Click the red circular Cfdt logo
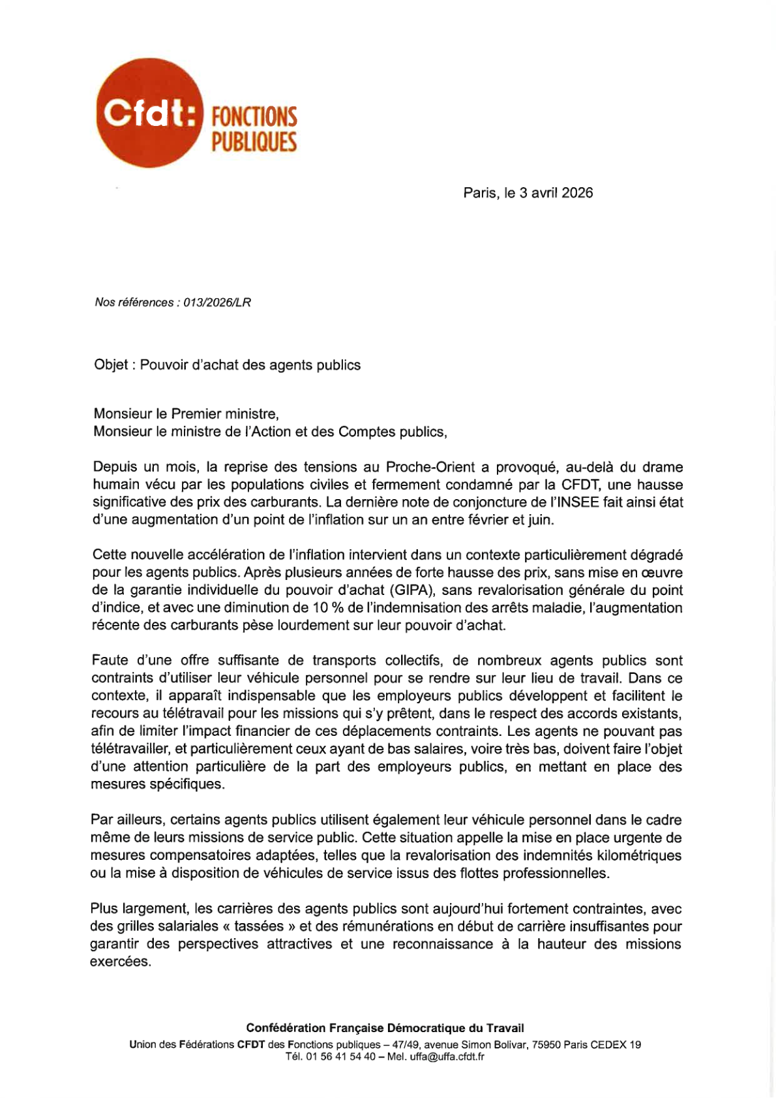click(x=149, y=114)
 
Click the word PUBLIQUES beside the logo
click(x=254, y=142)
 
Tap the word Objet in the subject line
click(x=111, y=365)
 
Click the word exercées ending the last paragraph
click(x=120, y=962)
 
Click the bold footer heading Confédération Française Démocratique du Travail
click(x=385, y=1028)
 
